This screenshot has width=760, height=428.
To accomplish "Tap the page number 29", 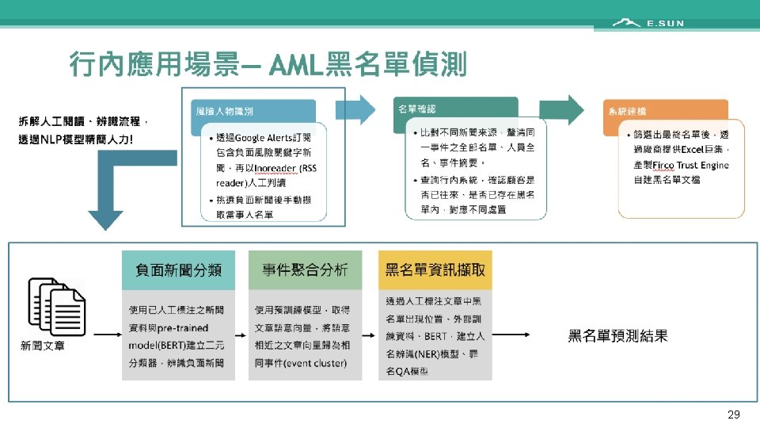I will coord(733,415).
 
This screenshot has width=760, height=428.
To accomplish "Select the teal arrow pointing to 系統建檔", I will coord(561,109).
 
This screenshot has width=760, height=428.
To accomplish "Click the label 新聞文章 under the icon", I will coord(43,346).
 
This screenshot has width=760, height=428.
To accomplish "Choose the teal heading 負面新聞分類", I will coord(178,269).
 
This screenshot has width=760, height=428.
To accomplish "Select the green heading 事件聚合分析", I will coord(305,269).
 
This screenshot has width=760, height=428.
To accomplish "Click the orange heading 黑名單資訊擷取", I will coord(435,269).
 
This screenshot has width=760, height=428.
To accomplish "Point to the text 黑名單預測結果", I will coord(617,335).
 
